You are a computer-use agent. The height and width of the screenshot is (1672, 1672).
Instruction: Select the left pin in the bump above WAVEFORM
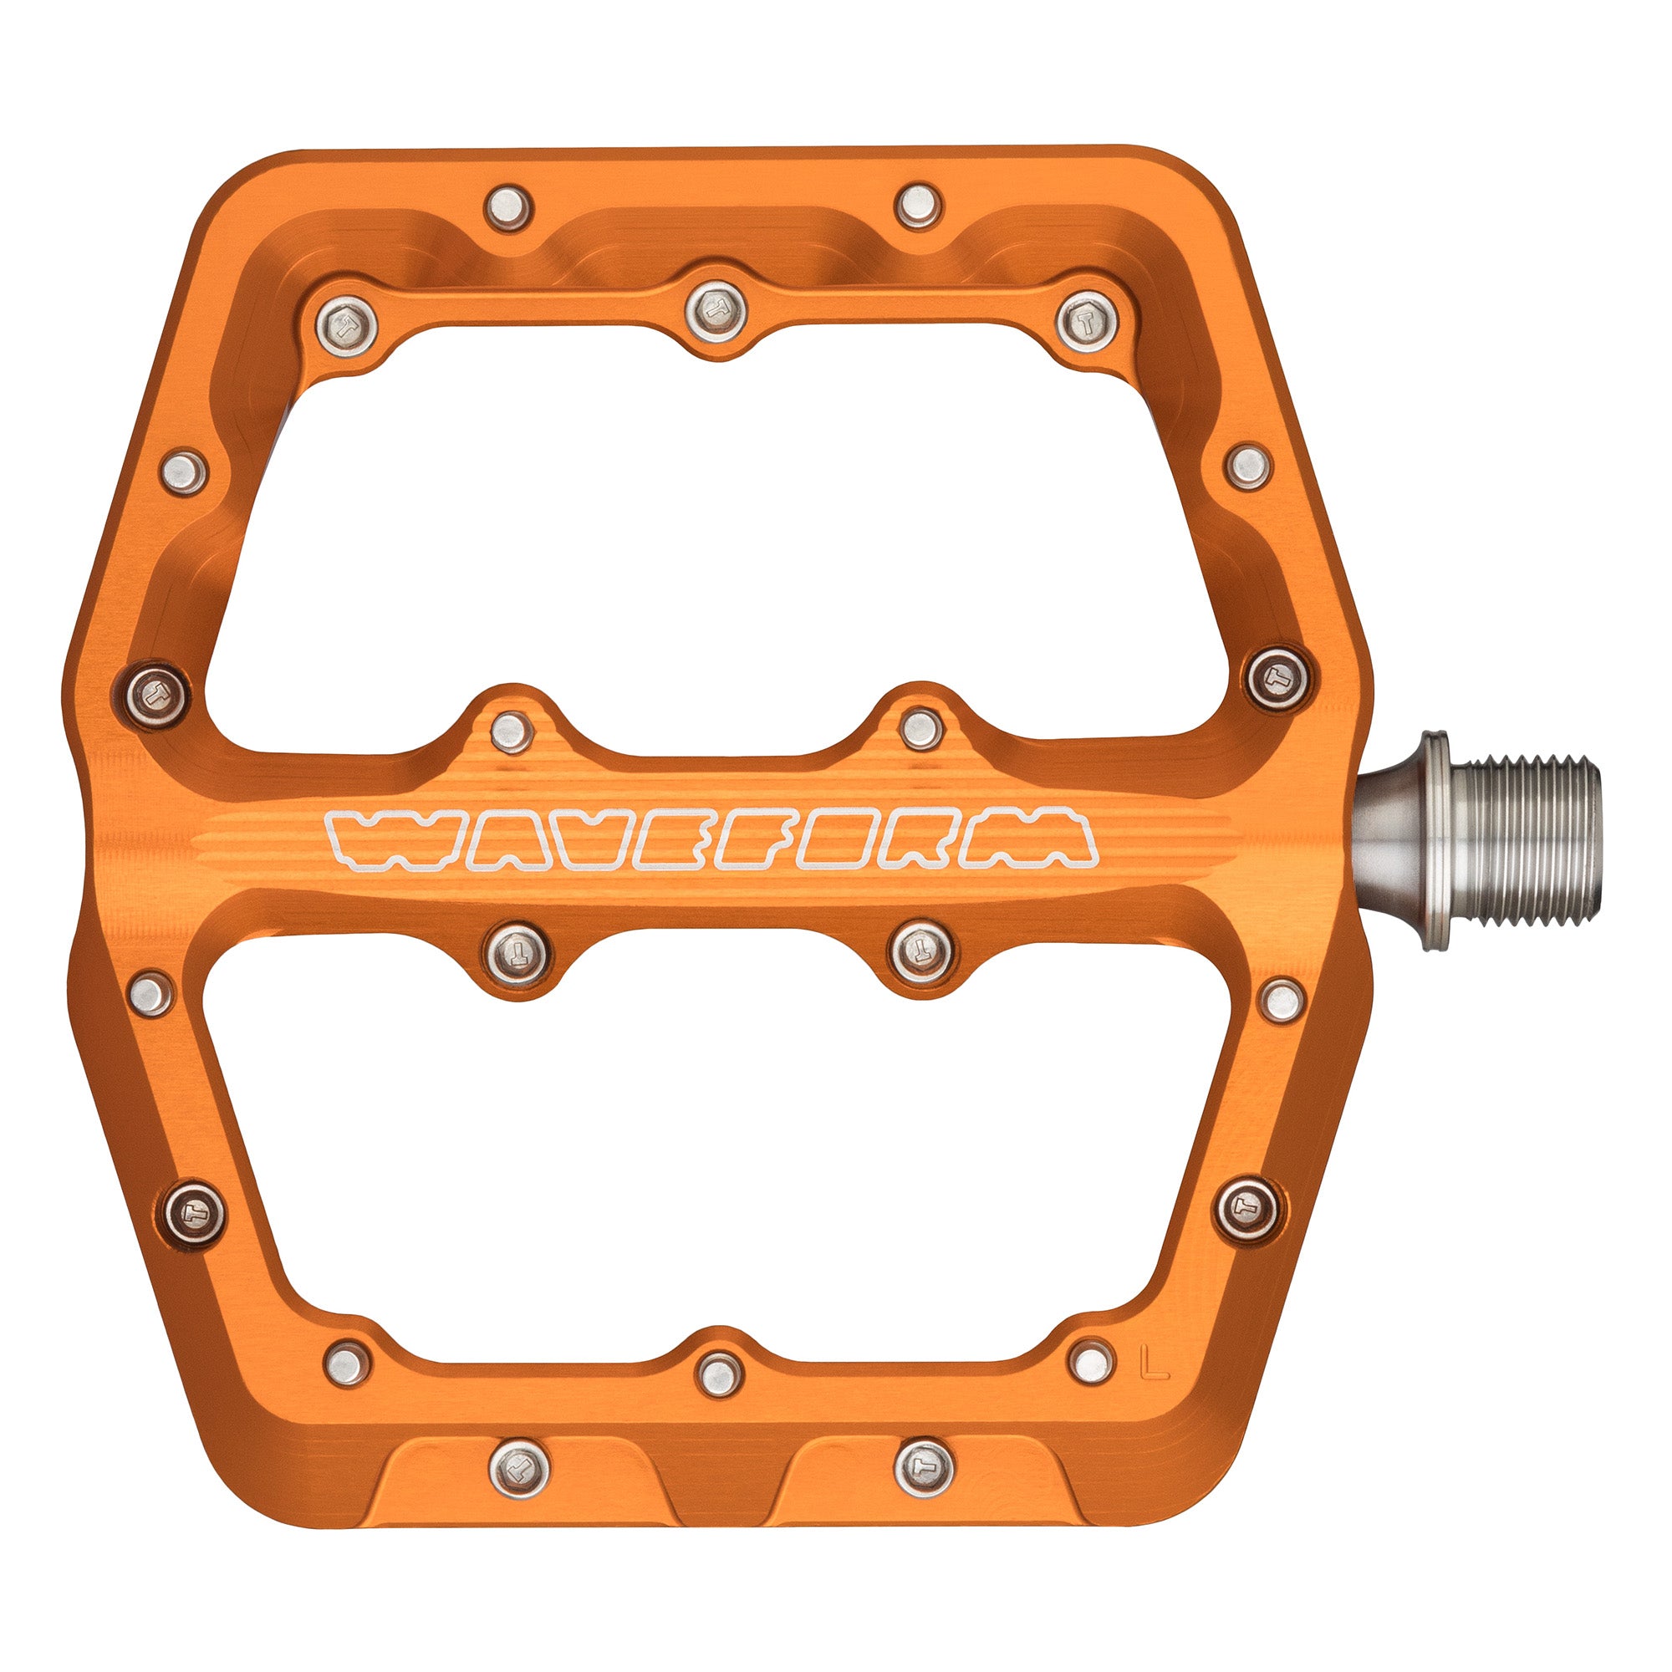[x=511, y=731]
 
